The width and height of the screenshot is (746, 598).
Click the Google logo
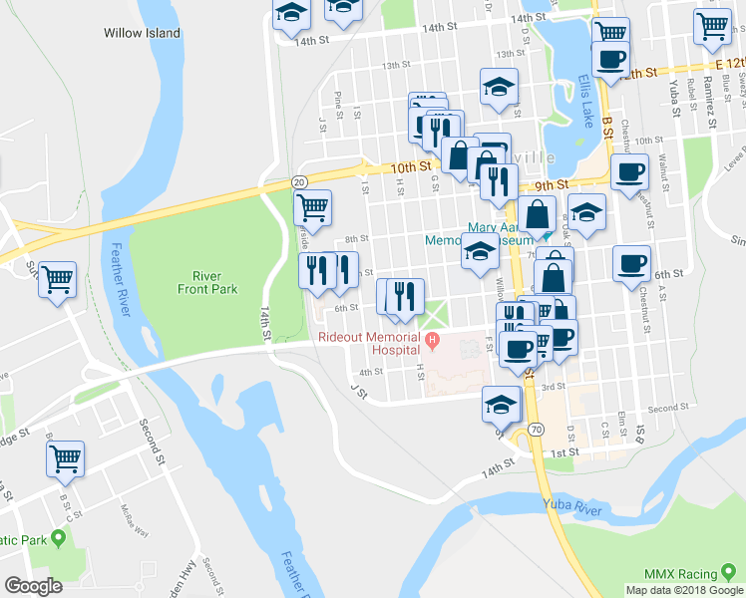(x=34, y=585)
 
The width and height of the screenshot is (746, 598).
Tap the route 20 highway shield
(x=298, y=182)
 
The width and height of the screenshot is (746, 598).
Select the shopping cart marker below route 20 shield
(x=313, y=207)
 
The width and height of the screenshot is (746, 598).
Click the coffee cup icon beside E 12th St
(x=609, y=58)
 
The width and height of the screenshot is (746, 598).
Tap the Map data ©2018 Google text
(x=684, y=590)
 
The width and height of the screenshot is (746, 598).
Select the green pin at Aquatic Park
(x=58, y=539)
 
